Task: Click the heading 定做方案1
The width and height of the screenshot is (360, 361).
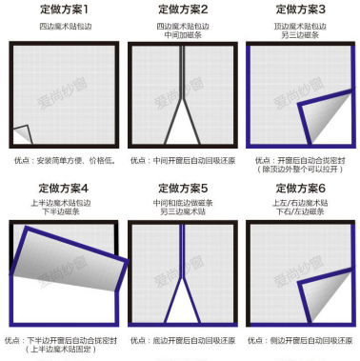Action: [x=60, y=9]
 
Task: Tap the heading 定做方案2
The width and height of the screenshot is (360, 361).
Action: [x=180, y=9]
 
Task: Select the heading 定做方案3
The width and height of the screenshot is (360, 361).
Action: [x=300, y=9]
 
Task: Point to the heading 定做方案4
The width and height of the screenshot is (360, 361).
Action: [x=60, y=188]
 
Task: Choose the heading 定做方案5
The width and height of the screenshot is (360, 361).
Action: [x=180, y=188]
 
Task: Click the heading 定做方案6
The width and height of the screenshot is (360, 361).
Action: [x=300, y=188]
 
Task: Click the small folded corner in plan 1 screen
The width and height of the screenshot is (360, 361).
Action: [x=21, y=136]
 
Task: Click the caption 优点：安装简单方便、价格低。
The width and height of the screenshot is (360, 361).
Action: [x=60, y=160]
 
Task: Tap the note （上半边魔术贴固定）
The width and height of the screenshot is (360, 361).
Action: [x=60, y=350]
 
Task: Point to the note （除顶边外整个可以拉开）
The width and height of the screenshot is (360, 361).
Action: [x=300, y=170]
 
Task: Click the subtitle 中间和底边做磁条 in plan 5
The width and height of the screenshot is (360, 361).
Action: [x=180, y=202]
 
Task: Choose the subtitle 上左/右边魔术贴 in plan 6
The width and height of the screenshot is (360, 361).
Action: [x=300, y=202]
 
